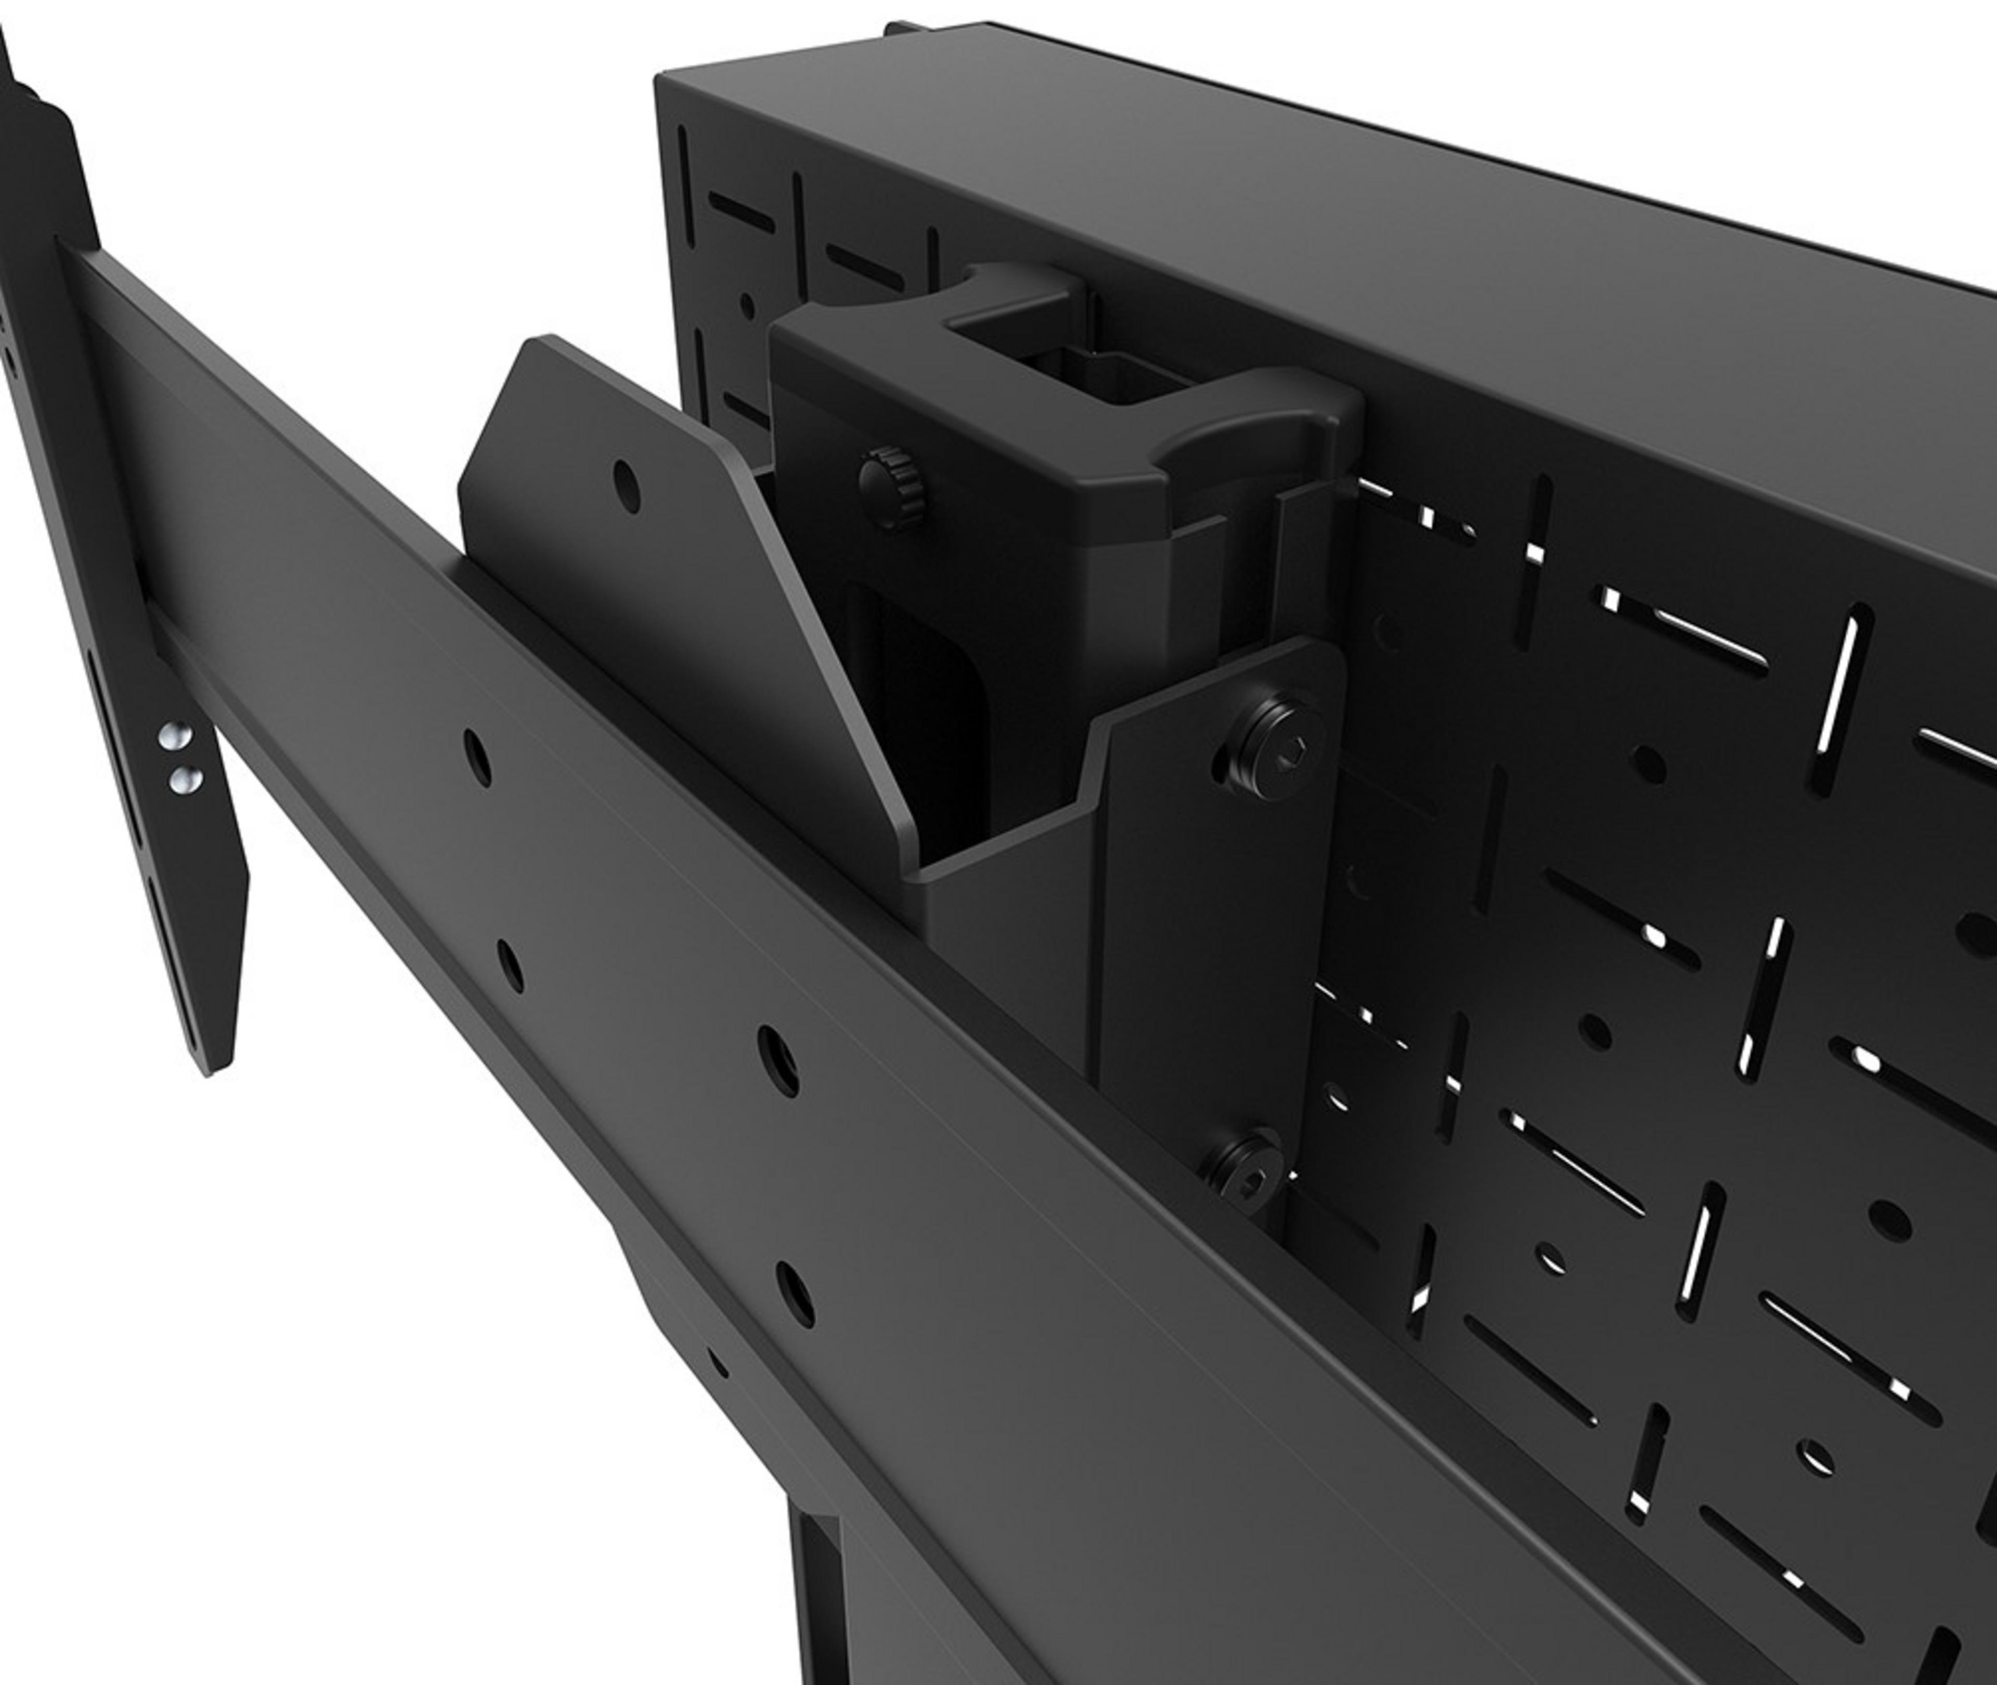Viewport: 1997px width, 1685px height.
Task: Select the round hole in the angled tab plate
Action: [627, 485]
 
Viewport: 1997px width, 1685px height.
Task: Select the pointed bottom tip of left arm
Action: [218, 1065]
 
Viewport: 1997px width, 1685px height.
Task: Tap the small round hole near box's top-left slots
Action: [747, 306]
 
